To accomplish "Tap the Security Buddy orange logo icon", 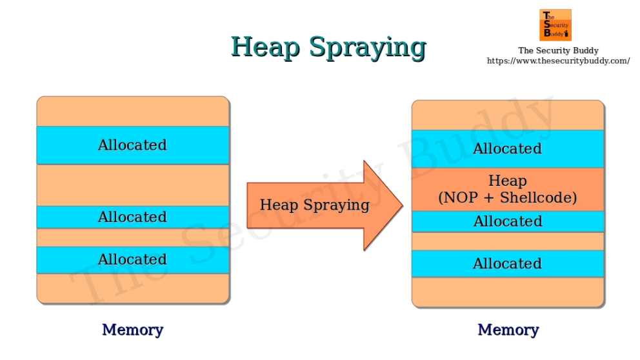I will point(555,25).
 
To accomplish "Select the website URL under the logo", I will point(558,61).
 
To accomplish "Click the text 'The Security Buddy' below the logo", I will point(558,50).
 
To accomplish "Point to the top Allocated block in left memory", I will point(133,145).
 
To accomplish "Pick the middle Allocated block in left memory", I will point(133,217).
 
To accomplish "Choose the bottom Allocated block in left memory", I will point(133,259).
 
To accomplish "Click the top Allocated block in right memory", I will point(508,149).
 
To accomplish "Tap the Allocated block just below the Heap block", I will point(508,221).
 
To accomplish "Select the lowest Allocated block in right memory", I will point(508,263).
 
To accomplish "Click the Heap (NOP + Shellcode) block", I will point(508,189).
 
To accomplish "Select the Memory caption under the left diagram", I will point(133,330).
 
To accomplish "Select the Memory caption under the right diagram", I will point(508,330).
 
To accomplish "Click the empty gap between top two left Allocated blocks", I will point(133,185).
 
